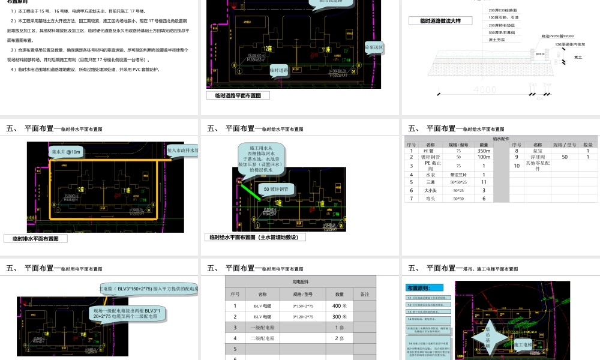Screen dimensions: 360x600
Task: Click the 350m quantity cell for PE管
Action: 484,151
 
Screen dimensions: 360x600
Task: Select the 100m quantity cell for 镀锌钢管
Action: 484,157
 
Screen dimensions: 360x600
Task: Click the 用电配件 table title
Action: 301,281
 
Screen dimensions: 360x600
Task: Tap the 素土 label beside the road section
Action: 578,58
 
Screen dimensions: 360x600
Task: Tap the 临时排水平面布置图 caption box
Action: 35,238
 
